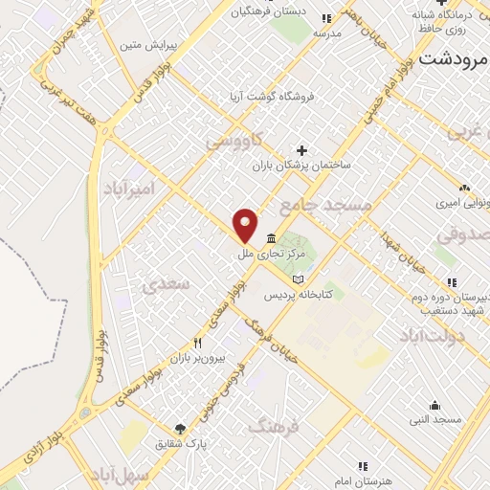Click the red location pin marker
coord(246,225)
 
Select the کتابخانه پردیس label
coord(326,294)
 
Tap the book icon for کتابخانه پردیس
coord(297,278)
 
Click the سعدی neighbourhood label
coord(160,284)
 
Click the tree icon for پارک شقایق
coord(179,429)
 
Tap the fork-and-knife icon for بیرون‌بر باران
coord(198,343)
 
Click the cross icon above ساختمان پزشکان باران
coord(302,149)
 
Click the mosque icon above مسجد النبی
coord(434,404)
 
